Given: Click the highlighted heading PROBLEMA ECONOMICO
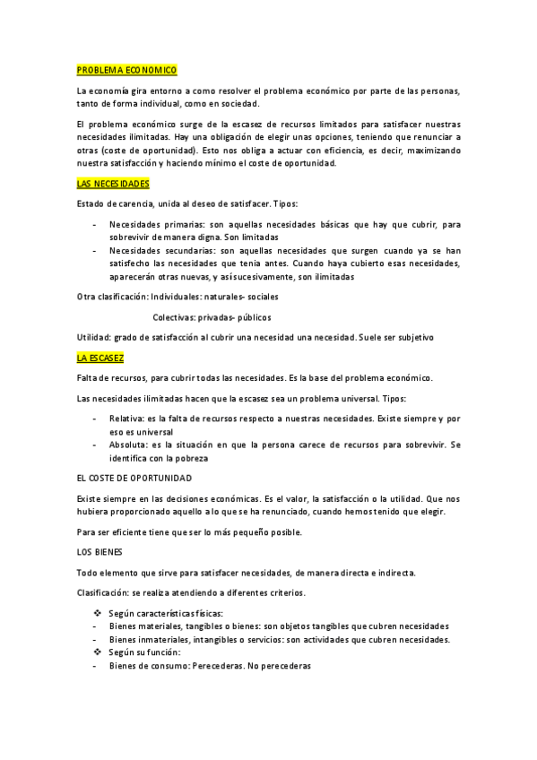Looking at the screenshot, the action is [x=126, y=70].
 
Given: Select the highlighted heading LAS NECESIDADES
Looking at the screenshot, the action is [x=113, y=183].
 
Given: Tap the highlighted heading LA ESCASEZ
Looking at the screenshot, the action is [x=101, y=357].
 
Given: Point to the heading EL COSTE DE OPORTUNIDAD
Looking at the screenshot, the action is [x=134, y=479].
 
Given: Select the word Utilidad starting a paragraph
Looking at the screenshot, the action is [x=93, y=337].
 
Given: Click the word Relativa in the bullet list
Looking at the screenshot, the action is [x=126, y=419].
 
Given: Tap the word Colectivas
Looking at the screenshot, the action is [x=173, y=317].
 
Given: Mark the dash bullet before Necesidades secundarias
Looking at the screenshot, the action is [x=95, y=251].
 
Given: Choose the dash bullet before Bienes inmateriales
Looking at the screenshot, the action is [x=95, y=639].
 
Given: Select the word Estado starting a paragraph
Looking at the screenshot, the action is [x=91, y=203].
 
